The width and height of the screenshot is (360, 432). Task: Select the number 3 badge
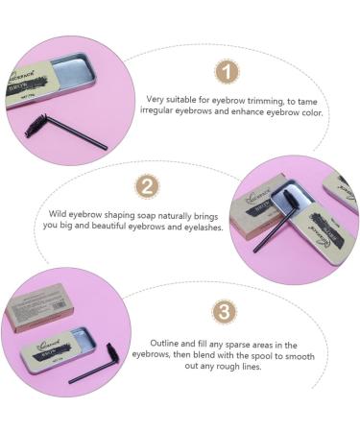pos(223,312)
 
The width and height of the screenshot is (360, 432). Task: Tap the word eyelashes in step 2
pos(200,228)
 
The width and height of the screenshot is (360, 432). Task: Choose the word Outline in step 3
pos(165,344)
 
